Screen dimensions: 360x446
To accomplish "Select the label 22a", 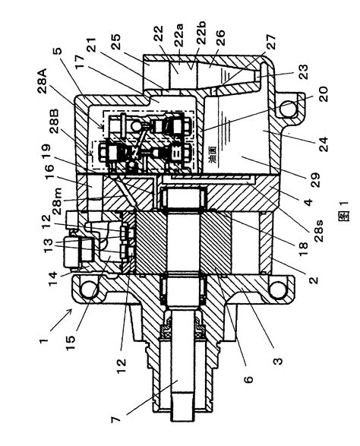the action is tap(179, 35).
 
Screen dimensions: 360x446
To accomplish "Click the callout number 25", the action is tap(115, 42).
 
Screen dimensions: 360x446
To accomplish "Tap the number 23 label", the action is tap(303, 73).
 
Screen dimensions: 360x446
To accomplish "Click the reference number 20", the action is tap(323, 94).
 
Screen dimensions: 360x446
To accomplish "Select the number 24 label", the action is tap(323, 144).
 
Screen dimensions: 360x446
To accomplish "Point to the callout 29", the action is tap(315, 180).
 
